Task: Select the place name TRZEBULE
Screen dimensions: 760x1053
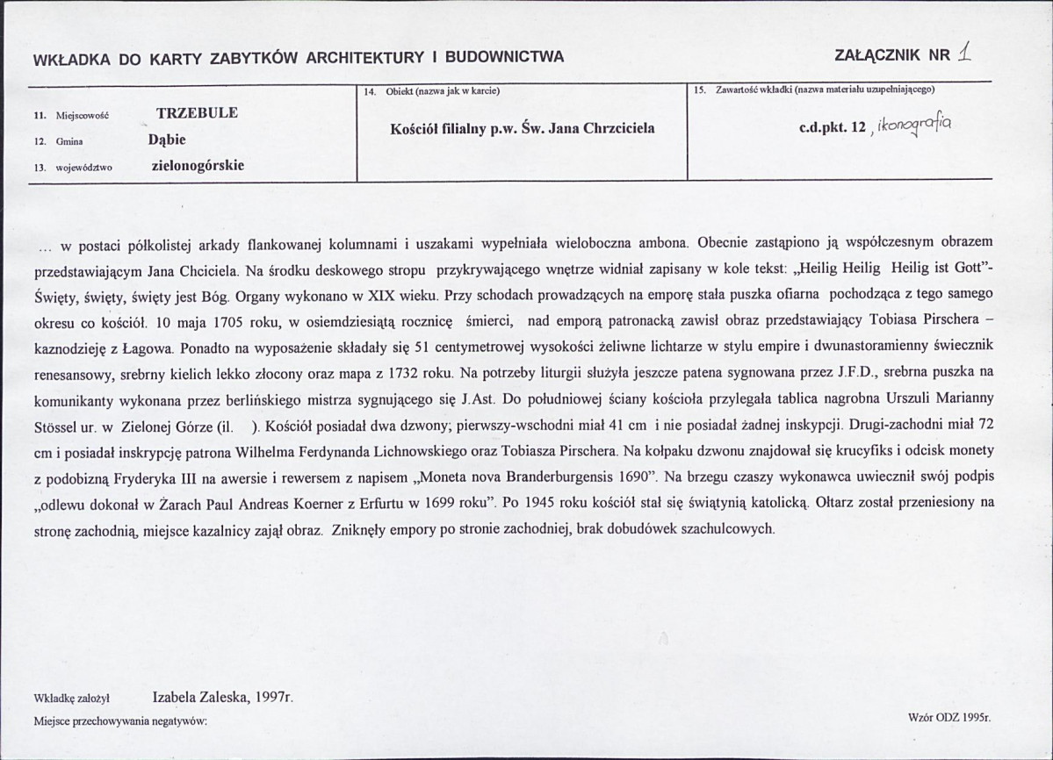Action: click(x=197, y=113)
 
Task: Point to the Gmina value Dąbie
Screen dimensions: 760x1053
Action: click(x=167, y=139)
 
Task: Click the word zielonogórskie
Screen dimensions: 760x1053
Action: click(x=198, y=165)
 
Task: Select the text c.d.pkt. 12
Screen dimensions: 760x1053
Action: click(x=833, y=128)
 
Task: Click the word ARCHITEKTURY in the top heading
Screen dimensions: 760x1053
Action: click(x=371, y=59)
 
